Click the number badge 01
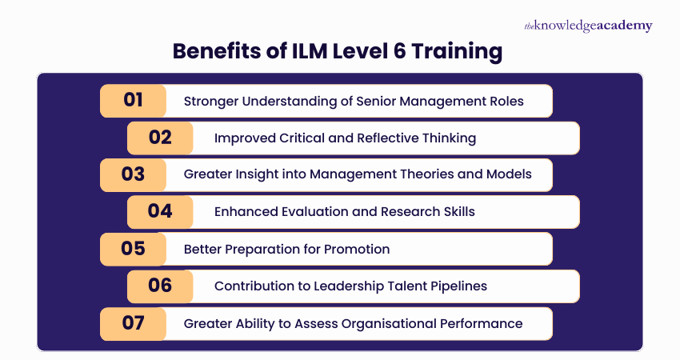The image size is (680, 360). click(133, 101)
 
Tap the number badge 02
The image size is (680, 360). click(160, 138)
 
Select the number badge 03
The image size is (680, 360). click(133, 174)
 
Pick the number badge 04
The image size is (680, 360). click(160, 212)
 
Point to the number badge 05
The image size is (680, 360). click(133, 249)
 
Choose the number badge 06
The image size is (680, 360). click(160, 286)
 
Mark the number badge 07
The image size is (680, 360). click(133, 323)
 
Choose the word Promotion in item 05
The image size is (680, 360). click(358, 250)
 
